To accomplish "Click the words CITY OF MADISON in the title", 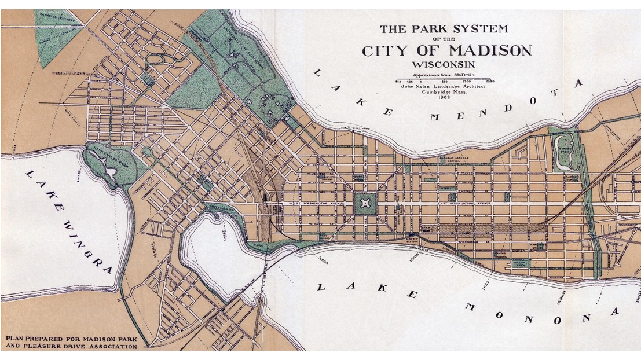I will [446, 50].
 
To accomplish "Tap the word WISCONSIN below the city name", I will [446, 64].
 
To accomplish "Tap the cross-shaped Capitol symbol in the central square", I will [365, 204].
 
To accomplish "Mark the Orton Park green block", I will [518, 263].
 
